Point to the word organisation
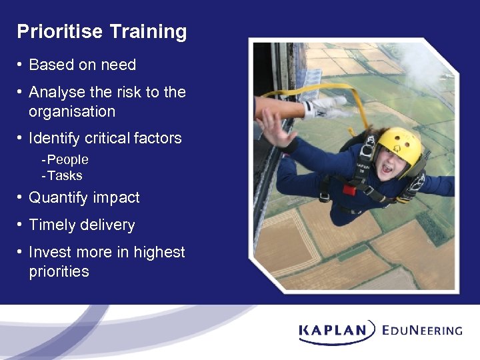(x=72, y=111)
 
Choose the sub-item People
(x=67, y=160)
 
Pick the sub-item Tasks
(x=65, y=176)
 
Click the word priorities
(x=59, y=271)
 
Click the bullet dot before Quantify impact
(x=21, y=198)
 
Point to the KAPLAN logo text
(x=333, y=329)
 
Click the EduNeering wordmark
(x=423, y=329)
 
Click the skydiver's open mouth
(x=387, y=169)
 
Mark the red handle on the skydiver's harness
(x=349, y=189)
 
